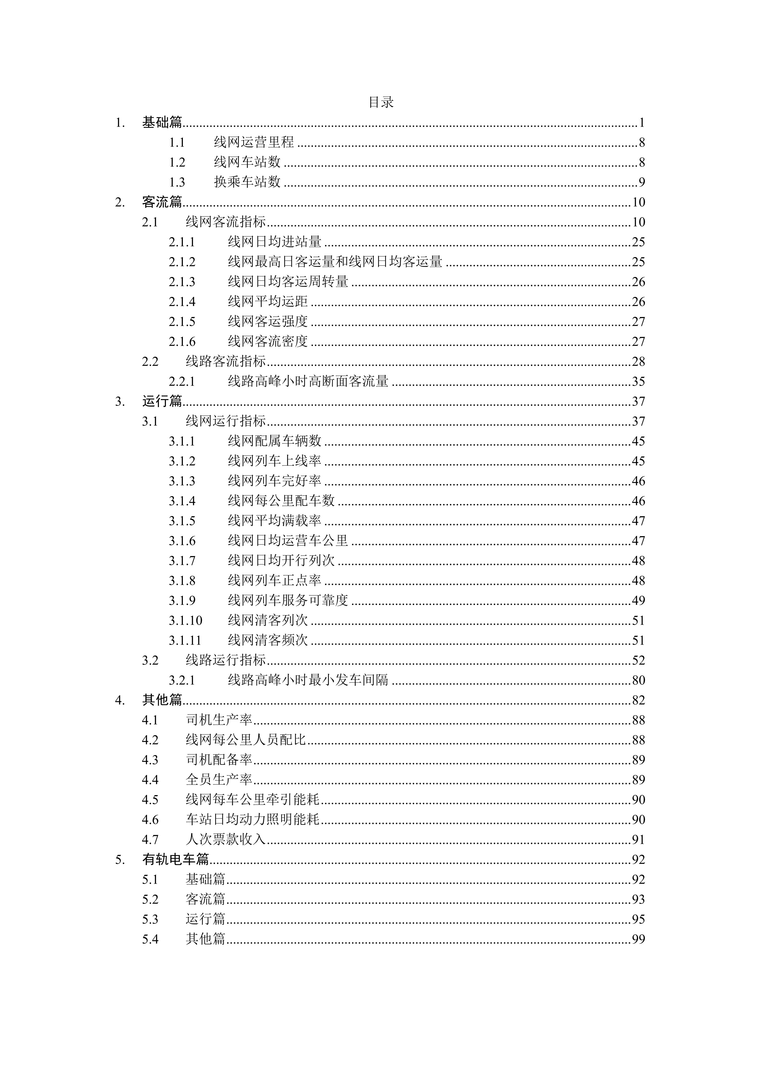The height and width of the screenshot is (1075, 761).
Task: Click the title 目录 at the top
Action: (381, 102)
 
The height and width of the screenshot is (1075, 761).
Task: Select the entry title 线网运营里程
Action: (254, 142)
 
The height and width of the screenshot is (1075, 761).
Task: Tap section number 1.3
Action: (177, 182)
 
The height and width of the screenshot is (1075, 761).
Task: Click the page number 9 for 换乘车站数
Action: (641, 182)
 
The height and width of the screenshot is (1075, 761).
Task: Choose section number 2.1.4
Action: (182, 301)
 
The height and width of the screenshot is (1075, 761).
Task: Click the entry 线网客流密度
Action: (267, 341)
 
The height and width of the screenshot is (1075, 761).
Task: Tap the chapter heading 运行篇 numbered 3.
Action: (162, 401)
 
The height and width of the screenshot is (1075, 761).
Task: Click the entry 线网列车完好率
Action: (275, 481)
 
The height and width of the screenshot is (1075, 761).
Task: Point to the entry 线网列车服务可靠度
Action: (288, 600)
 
